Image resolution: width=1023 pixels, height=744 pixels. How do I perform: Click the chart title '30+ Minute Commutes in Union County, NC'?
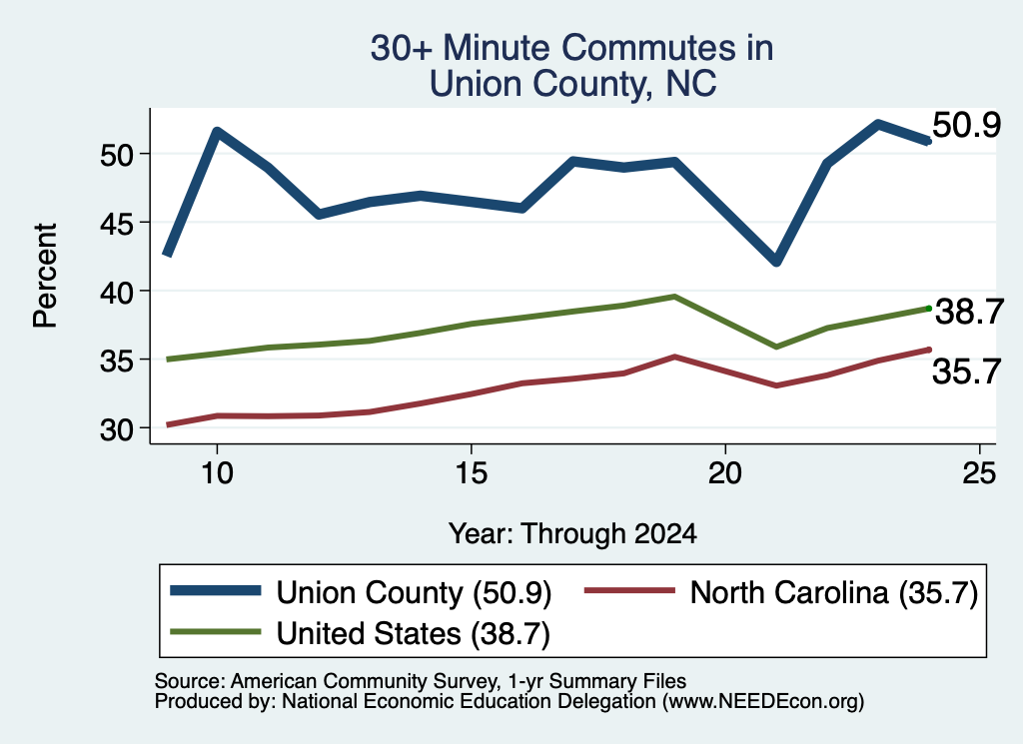(572, 66)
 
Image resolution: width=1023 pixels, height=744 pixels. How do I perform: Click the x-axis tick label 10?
(217, 472)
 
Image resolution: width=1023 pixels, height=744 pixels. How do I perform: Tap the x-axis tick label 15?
(472, 472)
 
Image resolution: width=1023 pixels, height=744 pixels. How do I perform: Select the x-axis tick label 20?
(725, 472)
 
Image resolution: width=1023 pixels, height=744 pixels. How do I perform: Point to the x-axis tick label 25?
(979, 472)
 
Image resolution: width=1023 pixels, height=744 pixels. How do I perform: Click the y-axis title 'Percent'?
(45, 276)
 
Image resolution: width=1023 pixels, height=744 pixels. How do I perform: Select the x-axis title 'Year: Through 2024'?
(572, 534)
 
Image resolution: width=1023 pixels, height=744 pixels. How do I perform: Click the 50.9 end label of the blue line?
(966, 125)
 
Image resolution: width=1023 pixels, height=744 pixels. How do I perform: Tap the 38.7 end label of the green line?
(969, 312)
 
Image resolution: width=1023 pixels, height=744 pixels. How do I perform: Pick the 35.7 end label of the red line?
(966, 372)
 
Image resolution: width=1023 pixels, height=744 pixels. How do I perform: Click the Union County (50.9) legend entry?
(361, 593)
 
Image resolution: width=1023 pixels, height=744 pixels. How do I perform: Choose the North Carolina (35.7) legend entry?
(781, 593)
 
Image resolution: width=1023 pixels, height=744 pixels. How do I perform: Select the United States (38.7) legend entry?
(360, 633)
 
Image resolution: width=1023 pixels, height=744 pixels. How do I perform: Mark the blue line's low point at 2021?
(775, 261)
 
